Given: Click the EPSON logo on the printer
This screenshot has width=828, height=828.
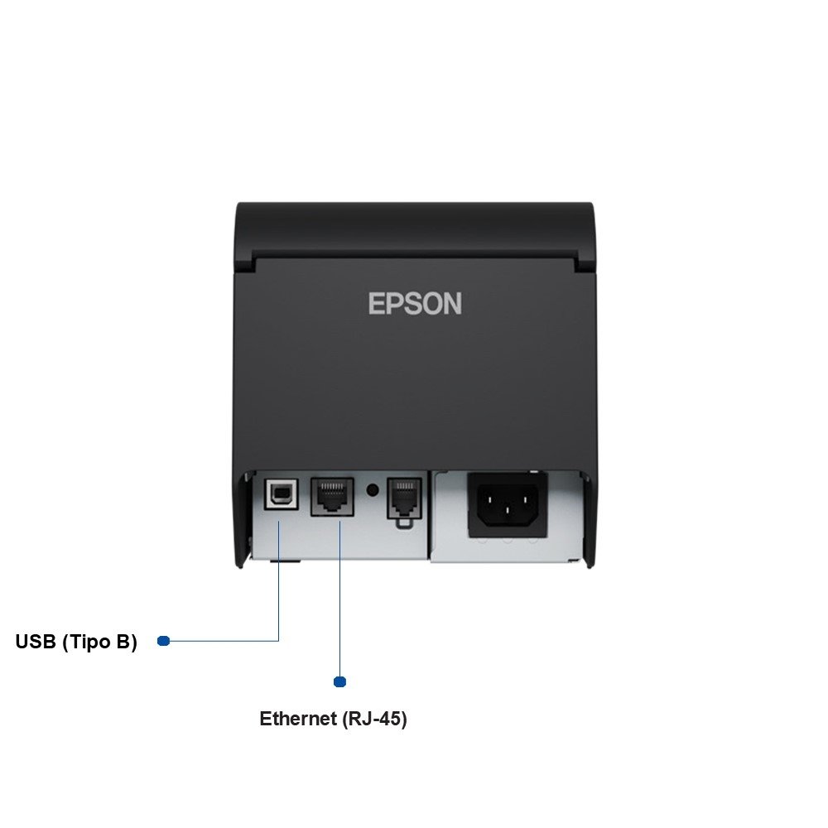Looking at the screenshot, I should [415, 303].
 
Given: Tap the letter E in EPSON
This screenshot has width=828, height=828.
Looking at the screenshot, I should [377, 303].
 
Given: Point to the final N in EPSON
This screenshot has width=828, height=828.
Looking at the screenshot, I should [452, 303].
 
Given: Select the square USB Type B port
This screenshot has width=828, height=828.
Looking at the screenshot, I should [280, 494].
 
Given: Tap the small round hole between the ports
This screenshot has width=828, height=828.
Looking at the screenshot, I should [373, 489].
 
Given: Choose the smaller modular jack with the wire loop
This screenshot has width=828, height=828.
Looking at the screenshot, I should [403, 498].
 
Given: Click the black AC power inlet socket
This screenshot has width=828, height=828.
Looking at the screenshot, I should [508, 502].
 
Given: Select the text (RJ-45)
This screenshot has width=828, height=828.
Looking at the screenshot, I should [374, 719].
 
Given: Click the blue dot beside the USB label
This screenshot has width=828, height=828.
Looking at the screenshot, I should [163, 640].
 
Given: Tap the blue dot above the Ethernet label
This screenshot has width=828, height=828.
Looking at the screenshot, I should [339, 681].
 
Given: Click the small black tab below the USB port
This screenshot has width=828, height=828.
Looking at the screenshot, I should [286, 561].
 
